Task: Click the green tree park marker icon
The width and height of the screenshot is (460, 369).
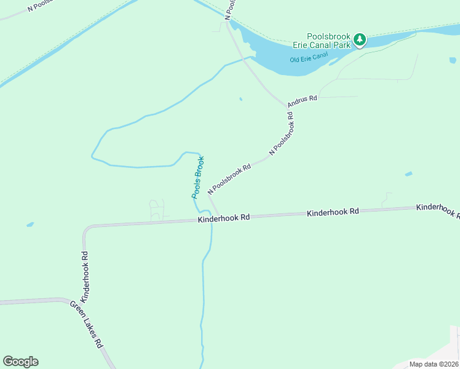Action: pos(360,41)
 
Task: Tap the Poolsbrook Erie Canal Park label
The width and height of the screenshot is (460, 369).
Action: pos(329,41)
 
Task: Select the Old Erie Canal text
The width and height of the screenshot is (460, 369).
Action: pos(309,60)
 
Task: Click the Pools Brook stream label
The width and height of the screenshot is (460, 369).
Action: pos(197,177)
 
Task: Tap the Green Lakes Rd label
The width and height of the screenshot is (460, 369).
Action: pos(86,324)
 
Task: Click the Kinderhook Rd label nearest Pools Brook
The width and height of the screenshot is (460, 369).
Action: pos(224,218)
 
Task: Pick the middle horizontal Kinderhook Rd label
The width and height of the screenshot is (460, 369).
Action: pos(333,212)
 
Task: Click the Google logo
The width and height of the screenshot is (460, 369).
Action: pos(20,362)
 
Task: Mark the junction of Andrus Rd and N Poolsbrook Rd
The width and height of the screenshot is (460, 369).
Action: pos(288,106)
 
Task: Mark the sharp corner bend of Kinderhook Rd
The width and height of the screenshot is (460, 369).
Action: pos(86,229)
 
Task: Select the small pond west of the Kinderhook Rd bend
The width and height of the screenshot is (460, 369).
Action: pos(30,224)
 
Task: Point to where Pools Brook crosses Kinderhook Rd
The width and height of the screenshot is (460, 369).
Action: pos(210,220)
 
